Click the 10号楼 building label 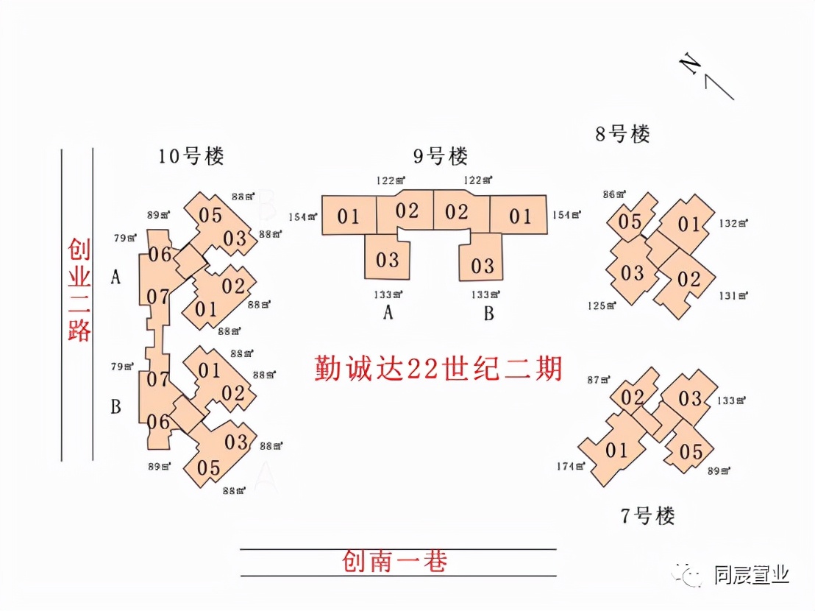point(191,156)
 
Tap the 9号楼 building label point(440,156)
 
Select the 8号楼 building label point(622,134)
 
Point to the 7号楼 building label point(647,516)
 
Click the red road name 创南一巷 point(394,562)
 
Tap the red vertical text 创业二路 point(79,289)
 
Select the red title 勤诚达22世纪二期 point(438,368)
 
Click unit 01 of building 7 point(616,449)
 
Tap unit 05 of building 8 point(630,222)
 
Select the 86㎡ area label point(613,194)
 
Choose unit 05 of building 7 point(691,451)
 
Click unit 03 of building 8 point(632,273)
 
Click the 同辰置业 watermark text point(751,574)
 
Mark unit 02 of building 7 point(632,398)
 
